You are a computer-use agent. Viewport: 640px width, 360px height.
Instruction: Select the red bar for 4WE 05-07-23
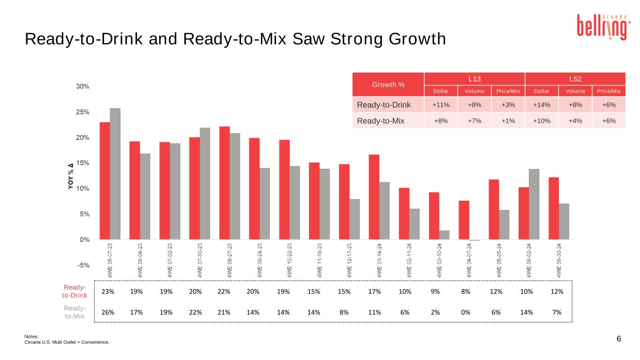point(105,181)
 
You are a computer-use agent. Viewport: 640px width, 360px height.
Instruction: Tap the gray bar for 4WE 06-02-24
point(534,204)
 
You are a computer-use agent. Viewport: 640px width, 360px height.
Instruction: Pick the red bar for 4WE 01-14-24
point(374,197)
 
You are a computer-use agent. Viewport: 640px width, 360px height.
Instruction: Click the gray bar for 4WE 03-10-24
point(444,235)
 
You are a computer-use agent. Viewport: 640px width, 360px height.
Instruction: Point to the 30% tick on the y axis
point(83,87)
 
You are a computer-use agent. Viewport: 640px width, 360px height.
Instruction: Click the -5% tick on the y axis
point(83,265)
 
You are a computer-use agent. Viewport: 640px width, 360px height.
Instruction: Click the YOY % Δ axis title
point(71,176)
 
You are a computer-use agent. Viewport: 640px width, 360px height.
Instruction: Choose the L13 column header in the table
point(474,78)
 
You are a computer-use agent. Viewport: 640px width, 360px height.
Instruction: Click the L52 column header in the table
point(575,78)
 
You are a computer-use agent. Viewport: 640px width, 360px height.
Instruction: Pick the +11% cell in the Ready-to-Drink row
point(440,105)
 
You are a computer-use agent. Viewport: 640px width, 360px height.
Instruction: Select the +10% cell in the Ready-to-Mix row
point(541,121)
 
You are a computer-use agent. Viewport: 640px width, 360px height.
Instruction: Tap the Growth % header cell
point(388,85)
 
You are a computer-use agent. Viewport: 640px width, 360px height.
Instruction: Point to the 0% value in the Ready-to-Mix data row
point(466,312)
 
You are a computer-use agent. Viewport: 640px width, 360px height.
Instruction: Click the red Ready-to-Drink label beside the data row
point(75,291)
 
